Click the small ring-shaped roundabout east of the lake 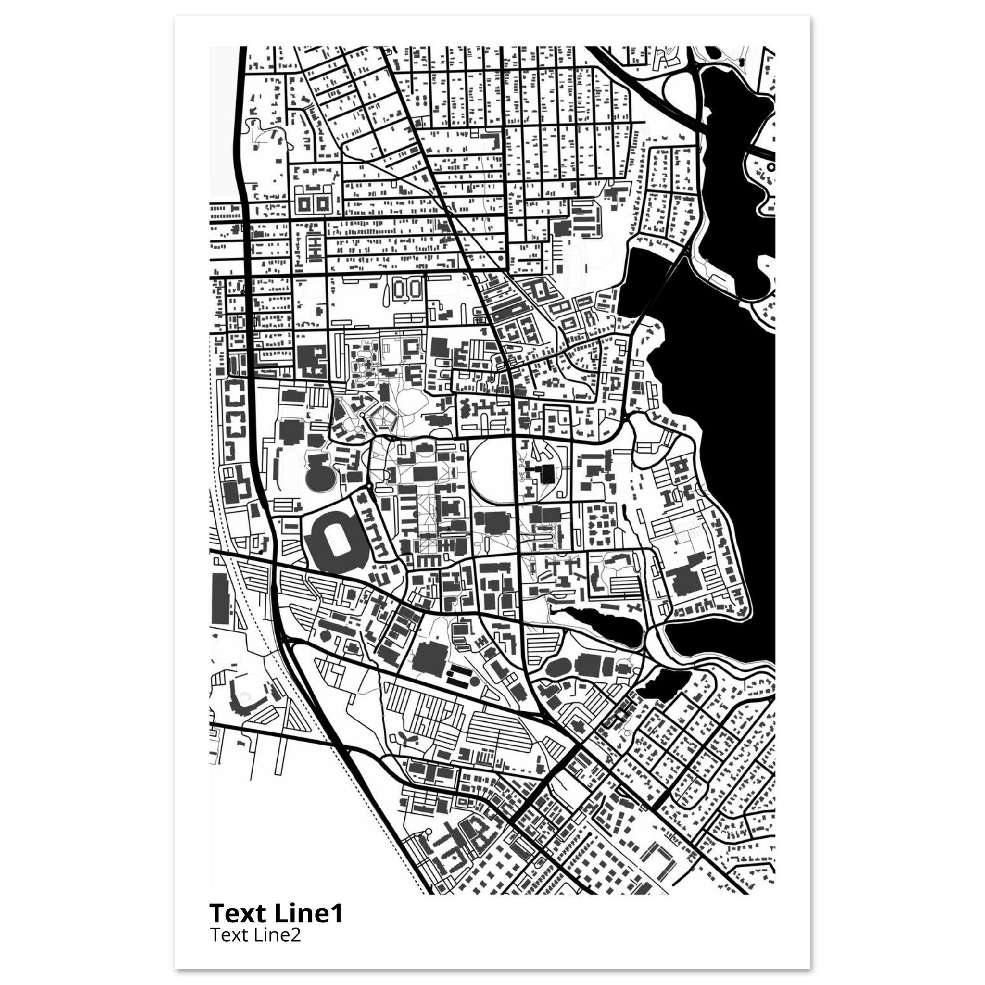tap(771, 167)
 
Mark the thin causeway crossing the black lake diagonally tap(663, 286)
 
